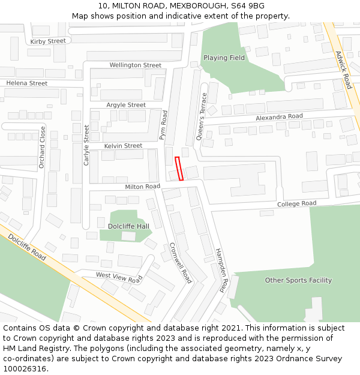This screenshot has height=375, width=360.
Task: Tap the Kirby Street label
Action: pos(47,41)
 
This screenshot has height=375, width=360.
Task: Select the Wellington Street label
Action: pos(135,65)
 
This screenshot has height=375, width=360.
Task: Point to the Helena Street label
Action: pos(26,83)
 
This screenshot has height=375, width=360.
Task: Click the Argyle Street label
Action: pos(126,104)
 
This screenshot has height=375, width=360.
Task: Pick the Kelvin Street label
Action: pos(123,146)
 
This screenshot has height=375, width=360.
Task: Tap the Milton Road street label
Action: pos(142,187)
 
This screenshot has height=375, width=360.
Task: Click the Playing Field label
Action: pos(224,58)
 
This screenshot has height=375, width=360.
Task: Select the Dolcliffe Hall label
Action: pos(128,226)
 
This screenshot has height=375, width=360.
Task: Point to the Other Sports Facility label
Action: pos(298,280)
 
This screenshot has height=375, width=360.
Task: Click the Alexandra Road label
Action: pos(279,116)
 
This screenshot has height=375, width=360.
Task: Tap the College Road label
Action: pos(296,204)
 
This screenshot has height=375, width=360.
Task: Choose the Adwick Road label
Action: pos(344,70)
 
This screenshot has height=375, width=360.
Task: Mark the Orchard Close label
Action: pos(43,147)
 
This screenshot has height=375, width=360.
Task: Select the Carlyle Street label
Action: pos(86,145)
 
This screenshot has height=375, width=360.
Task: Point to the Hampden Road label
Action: pos(221,269)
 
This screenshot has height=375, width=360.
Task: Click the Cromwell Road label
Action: pos(181,262)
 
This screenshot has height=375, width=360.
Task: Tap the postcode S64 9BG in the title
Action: pos(253,6)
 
